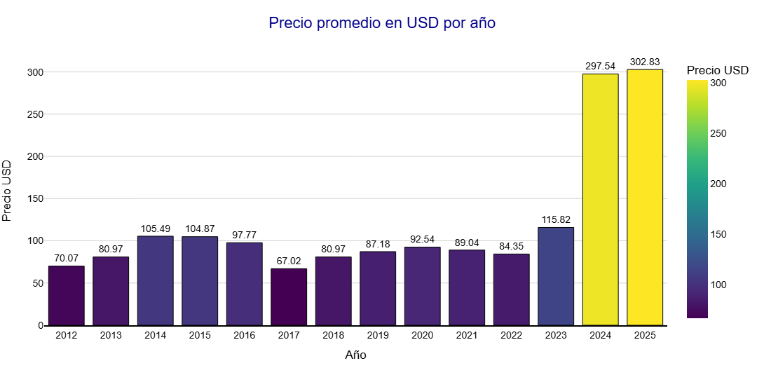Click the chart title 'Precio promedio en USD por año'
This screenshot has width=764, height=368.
tap(382, 23)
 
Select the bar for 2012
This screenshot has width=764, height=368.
tap(66, 296)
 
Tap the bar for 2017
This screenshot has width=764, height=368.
tap(289, 297)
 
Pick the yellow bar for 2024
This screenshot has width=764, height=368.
tap(600, 200)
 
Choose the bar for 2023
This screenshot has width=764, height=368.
tap(556, 276)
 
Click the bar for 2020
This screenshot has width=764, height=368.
tap(422, 286)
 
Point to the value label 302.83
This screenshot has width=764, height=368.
tap(645, 62)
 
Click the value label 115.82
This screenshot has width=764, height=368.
tap(556, 219)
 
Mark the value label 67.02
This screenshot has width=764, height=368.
tap(289, 261)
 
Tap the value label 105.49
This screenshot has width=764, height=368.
tap(155, 229)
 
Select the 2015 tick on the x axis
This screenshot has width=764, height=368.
tap(200, 336)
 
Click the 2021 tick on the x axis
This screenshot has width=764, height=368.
tap(467, 336)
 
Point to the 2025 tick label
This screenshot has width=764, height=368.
tap(645, 336)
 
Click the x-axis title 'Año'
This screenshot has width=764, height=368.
tap(355, 355)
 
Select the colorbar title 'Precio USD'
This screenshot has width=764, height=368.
tap(718, 70)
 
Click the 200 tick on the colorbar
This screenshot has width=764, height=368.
tap(718, 184)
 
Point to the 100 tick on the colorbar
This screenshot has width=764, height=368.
tap(718, 285)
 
